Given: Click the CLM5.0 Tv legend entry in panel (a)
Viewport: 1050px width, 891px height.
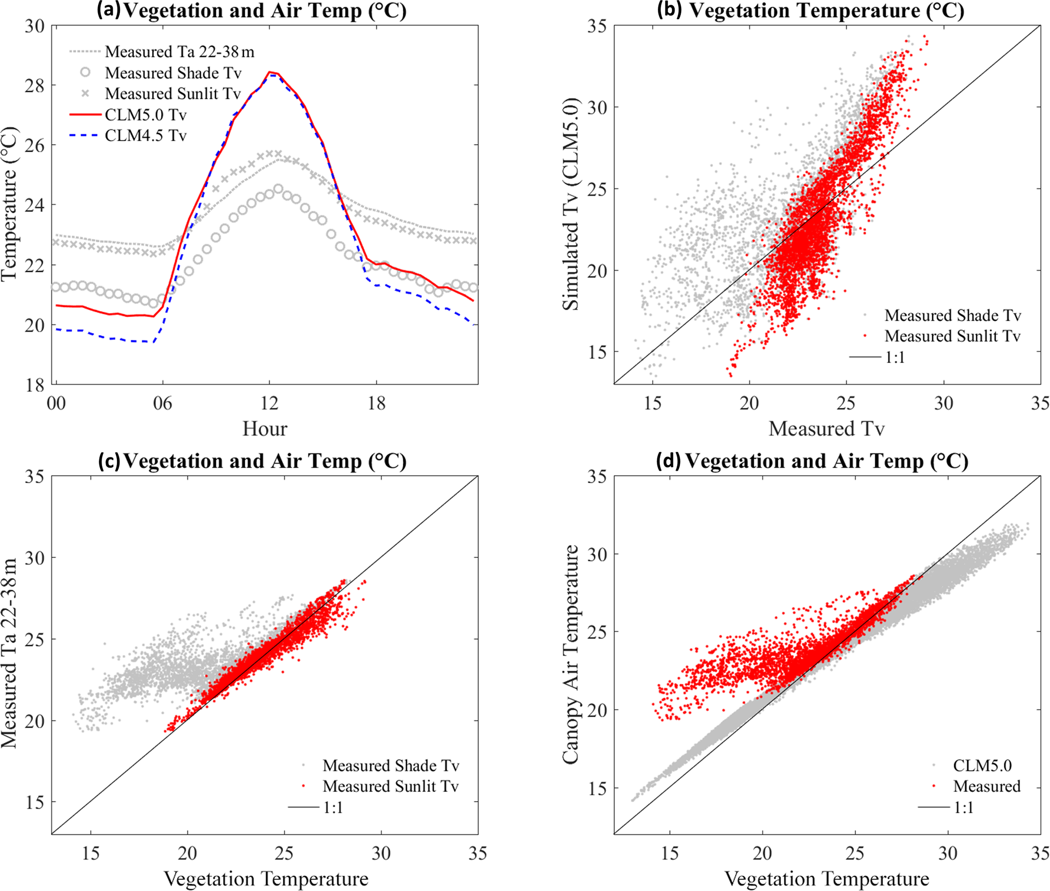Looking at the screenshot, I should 145,115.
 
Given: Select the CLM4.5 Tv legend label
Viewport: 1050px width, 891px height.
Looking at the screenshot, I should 145,136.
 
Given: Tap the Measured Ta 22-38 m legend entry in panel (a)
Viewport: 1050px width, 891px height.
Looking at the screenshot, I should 179,52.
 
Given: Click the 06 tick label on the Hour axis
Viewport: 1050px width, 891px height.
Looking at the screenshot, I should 163,404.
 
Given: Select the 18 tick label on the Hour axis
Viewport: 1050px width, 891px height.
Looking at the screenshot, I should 376,404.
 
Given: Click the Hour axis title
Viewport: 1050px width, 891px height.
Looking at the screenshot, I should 265,429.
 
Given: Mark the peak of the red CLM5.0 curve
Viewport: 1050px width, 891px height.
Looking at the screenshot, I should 270,72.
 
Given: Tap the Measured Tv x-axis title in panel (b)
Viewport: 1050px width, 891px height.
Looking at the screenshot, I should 826,429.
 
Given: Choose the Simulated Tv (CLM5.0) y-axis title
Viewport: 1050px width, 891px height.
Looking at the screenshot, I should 571,204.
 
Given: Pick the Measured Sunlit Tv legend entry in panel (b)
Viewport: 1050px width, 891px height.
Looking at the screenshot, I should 952,336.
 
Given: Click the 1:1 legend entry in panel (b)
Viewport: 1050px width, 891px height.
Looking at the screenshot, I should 895,357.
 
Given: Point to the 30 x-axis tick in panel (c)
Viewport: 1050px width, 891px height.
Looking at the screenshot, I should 381,853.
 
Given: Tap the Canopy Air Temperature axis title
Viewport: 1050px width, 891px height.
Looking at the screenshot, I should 571,655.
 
